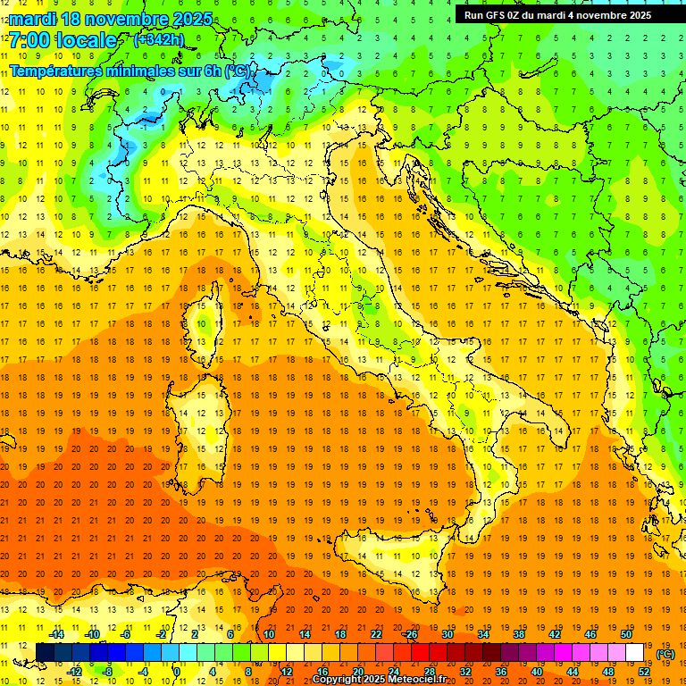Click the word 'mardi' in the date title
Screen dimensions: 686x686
click(36, 19)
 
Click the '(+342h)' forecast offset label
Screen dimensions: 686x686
click(158, 40)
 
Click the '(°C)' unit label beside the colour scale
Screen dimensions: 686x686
click(665, 654)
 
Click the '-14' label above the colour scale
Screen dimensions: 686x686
click(56, 634)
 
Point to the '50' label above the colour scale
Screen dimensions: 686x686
click(625, 634)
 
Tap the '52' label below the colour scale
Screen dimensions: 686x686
click(643, 672)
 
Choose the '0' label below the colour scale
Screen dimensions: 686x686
click(178, 672)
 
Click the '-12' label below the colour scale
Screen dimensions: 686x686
click(74, 672)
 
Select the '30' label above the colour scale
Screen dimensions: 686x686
click(447, 634)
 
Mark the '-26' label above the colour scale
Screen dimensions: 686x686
click(410, 634)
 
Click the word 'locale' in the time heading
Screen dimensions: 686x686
click(86, 40)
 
